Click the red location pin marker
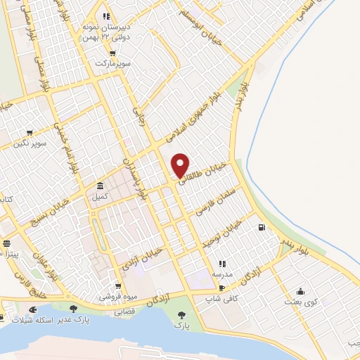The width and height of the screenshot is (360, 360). (181, 165)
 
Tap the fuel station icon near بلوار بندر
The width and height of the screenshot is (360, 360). (262, 227)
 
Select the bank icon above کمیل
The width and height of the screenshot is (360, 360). (101, 186)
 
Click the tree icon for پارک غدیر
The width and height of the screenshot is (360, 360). (73, 308)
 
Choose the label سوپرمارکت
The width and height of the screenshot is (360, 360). (114, 63)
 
